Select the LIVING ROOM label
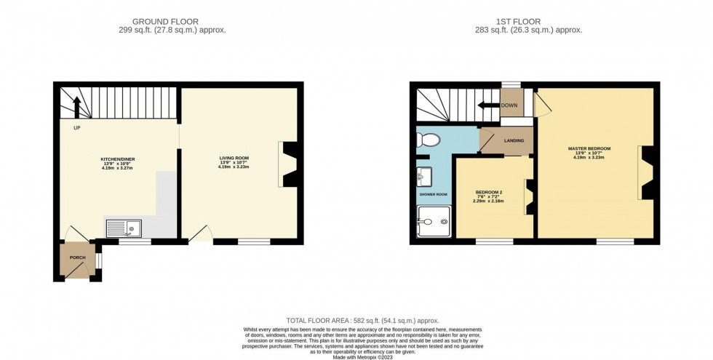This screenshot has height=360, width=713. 234,158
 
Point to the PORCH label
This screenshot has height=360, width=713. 77,258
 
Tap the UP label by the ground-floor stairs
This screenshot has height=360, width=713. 76,129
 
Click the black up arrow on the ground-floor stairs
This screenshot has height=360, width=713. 77,106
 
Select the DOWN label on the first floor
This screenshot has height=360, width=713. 509,105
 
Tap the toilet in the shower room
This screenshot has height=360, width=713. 428,140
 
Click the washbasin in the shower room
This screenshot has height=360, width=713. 426,175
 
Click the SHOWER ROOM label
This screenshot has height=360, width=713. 433,194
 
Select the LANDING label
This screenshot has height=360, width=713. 514,141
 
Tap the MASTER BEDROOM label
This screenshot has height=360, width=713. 589,148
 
